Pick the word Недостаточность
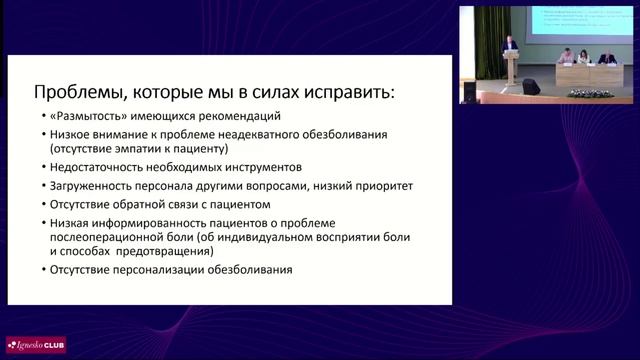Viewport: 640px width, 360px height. (x=91, y=167)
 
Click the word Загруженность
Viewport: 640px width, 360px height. (x=84, y=186)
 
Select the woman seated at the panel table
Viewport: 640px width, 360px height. (x=568, y=58)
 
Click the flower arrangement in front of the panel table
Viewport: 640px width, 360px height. (x=589, y=93)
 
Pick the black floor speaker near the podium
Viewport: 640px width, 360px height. (x=531, y=87)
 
